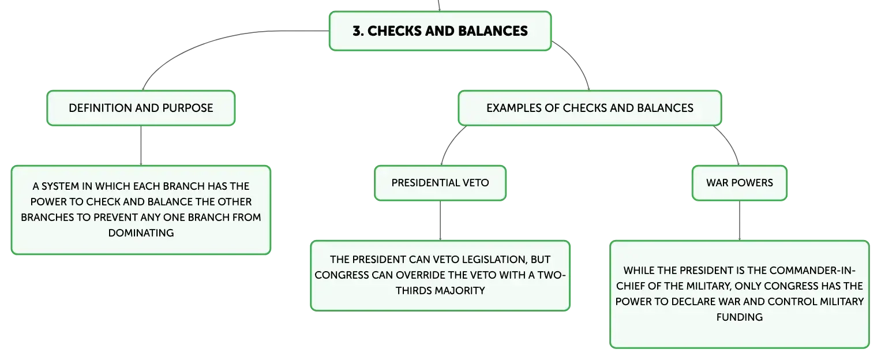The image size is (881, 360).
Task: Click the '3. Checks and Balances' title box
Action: (440, 31)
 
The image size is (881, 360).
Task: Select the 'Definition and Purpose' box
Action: (141, 108)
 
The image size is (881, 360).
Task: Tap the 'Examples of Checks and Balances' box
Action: (590, 108)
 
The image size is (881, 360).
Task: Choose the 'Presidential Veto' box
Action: (440, 183)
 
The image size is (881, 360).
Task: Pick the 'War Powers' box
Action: (740, 183)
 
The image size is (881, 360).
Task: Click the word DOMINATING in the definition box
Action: (141, 233)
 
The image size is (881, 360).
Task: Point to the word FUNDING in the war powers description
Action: (740, 317)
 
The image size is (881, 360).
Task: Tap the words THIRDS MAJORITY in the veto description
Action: (440, 291)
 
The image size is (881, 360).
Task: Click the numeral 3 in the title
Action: (357, 31)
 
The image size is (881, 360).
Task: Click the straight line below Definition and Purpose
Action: (141, 145)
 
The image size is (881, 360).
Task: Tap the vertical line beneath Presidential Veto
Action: (440, 220)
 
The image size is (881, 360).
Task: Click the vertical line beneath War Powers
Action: (740, 220)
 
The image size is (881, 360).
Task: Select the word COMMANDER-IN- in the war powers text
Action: (812, 271)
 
